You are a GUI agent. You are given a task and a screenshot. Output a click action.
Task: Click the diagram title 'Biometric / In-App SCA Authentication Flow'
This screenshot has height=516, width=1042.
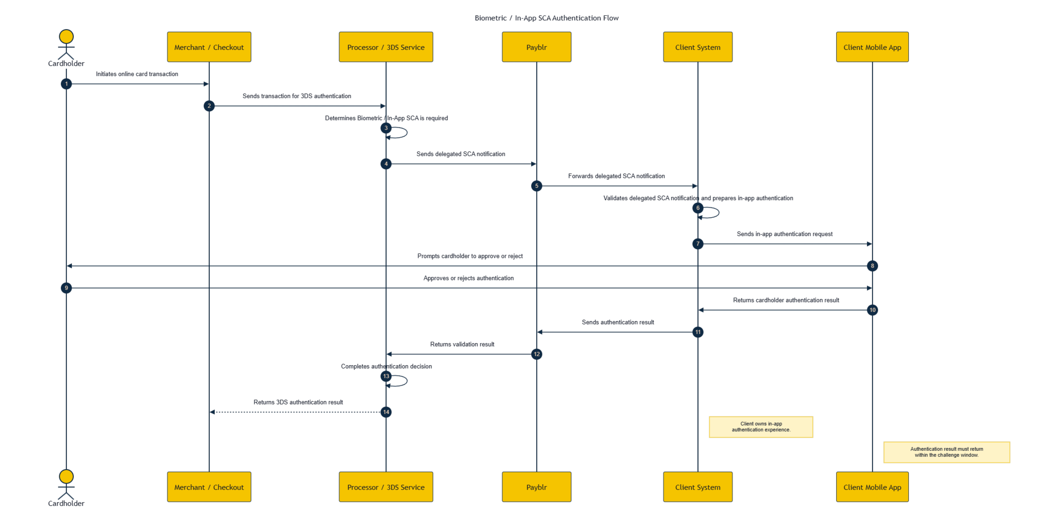[546, 18]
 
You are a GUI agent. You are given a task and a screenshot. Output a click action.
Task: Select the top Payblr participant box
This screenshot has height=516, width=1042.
[536, 47]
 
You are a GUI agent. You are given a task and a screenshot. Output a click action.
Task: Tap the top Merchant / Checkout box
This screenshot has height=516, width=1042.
[209, 47]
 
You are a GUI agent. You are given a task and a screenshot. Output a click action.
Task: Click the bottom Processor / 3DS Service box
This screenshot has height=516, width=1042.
[386, 487]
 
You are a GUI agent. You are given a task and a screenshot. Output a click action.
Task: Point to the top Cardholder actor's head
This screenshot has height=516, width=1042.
[66, 37]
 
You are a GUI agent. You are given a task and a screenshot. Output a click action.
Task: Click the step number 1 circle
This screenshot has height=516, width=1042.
[66, 84]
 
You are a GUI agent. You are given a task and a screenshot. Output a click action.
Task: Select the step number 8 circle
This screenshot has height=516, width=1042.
[872, 266]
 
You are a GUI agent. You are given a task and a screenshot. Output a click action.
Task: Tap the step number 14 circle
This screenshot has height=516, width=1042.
[386, 412]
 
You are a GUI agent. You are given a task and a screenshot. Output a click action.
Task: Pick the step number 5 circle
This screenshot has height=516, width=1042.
[536, 186]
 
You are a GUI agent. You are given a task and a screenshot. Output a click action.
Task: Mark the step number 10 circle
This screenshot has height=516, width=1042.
[872, 310]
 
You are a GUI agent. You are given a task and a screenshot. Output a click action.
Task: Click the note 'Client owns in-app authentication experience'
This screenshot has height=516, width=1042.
[761, 427]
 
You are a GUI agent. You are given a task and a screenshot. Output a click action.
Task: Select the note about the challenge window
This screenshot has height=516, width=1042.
[946, 452]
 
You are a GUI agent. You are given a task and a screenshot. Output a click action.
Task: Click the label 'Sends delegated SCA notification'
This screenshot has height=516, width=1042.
[461, 154]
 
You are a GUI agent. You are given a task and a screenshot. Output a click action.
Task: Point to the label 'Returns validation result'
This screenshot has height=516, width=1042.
[462, 344]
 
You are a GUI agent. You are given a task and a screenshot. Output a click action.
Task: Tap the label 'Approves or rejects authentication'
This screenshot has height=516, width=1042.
[468, 278]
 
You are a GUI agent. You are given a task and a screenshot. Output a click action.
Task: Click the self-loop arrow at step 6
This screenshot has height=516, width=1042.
[719, 212]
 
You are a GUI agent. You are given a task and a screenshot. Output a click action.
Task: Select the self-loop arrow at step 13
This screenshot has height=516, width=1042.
[407, 381]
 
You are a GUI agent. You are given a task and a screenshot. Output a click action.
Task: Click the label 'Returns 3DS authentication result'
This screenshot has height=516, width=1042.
[298, 402]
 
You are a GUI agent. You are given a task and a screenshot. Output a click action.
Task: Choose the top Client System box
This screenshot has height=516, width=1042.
[698, 47]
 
